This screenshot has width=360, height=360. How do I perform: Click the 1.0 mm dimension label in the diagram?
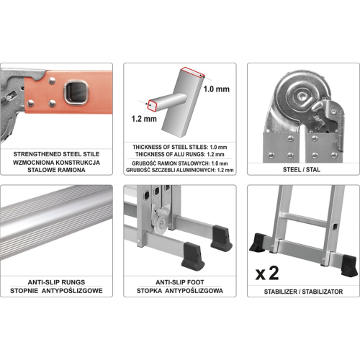point(216,89)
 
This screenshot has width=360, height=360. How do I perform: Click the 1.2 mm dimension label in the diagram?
point(144,119)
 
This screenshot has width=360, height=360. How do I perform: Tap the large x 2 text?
point(267,274)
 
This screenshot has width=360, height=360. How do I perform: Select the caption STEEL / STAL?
point(302,170)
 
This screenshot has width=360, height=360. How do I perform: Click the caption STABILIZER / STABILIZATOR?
point(303,292)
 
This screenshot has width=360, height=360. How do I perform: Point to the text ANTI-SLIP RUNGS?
point(56,282)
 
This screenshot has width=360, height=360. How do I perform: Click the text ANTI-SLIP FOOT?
point(180,282)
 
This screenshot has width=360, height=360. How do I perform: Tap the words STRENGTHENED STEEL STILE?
point(56,154)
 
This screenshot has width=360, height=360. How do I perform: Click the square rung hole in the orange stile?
point(76,93)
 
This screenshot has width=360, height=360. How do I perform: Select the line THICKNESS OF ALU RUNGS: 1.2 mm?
point(180,154)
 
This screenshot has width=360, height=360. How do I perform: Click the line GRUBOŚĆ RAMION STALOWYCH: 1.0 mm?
point(180,163)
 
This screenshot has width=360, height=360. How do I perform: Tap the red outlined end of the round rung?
point(153,106)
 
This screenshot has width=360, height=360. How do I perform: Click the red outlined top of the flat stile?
point(192,72)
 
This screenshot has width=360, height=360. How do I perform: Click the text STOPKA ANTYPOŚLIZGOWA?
point(180,291)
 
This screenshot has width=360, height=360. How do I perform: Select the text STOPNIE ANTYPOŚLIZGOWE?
point(56,291)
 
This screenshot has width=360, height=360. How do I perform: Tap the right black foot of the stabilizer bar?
point(349,266)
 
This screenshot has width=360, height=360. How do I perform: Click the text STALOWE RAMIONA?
point(56,170)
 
